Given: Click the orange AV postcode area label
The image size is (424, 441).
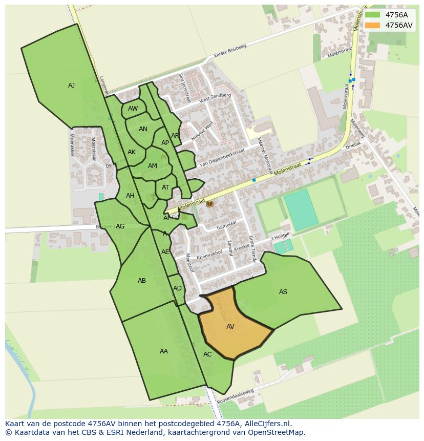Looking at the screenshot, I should pyautogui.click(x=230, y=326).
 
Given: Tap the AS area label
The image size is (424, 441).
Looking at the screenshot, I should pyautogui.click(x=283, y=292).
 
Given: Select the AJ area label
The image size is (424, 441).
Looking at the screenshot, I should pyautogui.click(x=71, y=86).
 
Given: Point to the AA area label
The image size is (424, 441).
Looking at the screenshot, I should pyautogui.click(x=163, y=351).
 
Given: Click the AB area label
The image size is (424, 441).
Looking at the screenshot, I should pyautogui.click(x=142, y=281).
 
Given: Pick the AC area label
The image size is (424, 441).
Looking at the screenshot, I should pyautogui.click(x=207, y=354).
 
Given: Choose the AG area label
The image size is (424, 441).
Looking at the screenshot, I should pyautogui.click(x=120, y=226).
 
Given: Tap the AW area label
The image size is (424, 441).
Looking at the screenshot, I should pyautogui.click(x=133, y=109).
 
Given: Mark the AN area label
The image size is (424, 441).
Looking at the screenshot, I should pyautogui.click(x=143, y=129).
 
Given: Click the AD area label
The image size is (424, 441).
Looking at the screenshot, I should pyautogui.click(x=177, y=288).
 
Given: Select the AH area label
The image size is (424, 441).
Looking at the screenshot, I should pyautogui.click(x=130, y=196).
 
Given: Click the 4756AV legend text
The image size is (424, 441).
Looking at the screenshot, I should pyautogui.click(x=398, y=25).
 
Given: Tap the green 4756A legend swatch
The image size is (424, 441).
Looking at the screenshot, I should pyautogui.click(x=372, y=15).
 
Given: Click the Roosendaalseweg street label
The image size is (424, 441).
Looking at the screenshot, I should pyautogui.click(x=236, y=396).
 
